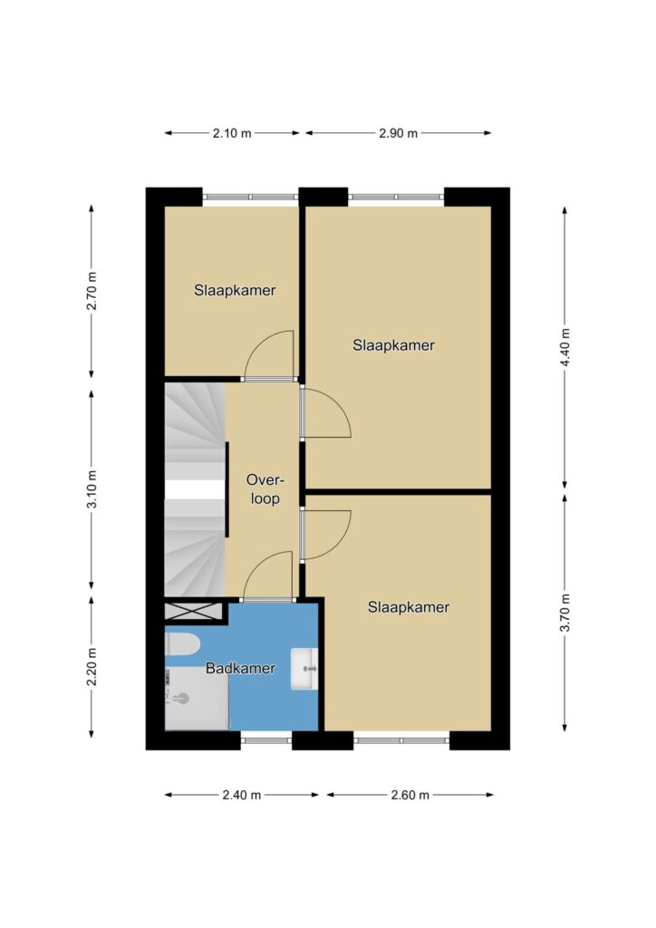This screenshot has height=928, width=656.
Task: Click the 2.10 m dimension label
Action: tap(232, 133)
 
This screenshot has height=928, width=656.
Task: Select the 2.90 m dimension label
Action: tap(398, 133)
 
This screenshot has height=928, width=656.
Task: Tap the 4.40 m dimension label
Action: tap(564, 347)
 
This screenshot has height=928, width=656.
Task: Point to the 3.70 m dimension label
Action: tap(564, 612)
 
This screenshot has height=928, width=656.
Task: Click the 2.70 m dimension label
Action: tap(92, 291)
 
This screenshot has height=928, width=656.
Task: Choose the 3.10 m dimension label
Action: tap(92, 488)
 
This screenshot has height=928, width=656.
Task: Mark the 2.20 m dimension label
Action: tap(92, 667)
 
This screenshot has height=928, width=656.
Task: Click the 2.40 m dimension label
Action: tap(241, 795)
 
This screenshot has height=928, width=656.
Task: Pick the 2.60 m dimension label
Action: tap(410, 795)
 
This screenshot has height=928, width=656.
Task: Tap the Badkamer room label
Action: tap(240, 669)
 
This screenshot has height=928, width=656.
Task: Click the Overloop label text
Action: tap(265, 488)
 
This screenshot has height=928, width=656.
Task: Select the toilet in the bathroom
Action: tap(181, 644)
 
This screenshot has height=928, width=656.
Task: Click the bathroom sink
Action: tap(304, 669)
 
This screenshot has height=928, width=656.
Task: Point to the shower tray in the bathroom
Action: tap(197, 699)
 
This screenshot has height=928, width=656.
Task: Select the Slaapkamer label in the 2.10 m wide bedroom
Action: tap(235, 291)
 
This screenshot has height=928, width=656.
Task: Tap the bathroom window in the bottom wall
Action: tap(266, 739)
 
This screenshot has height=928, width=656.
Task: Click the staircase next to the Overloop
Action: tap(195, 488)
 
